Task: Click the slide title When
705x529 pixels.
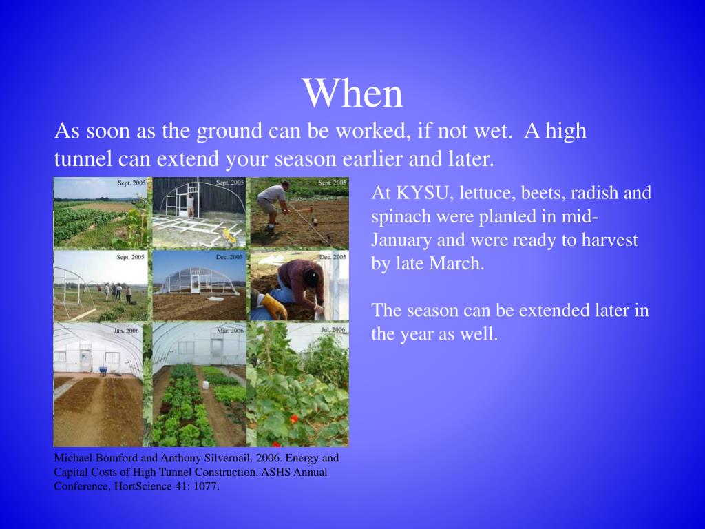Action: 353,93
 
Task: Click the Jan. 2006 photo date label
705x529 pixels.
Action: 127,331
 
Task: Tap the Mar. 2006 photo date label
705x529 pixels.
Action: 230,331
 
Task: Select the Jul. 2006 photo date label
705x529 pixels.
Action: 333,330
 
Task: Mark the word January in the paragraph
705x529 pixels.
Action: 402,240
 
